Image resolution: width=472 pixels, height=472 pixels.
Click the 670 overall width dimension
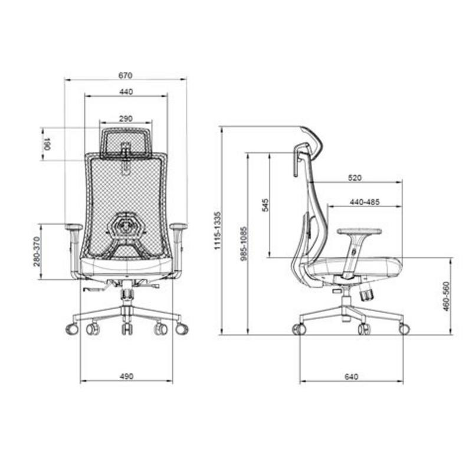[x=125, y=76]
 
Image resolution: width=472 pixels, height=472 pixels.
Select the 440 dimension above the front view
[x=126, y=91]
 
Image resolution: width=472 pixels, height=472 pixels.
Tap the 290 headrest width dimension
[x=126, y=119]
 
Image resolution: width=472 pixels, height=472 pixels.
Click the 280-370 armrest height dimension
[x=37, y=251]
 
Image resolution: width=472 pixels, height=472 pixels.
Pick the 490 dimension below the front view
[x=126, y=376]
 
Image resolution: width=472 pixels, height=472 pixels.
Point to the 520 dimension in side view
[x=355, y=178]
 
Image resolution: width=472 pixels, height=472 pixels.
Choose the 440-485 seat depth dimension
[x=364, y=202]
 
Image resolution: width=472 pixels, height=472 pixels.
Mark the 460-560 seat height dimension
[x=446, y=296]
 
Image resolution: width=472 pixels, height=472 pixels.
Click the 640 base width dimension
[x=352, y=376]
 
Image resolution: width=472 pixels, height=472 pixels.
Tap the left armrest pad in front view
[x=74, y=227]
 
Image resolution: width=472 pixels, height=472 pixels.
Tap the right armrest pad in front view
[x=178, y=227]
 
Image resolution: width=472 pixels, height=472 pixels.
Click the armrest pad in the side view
[x=359, y=231]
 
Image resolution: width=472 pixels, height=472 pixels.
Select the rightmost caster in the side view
[x=404, y=329]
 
